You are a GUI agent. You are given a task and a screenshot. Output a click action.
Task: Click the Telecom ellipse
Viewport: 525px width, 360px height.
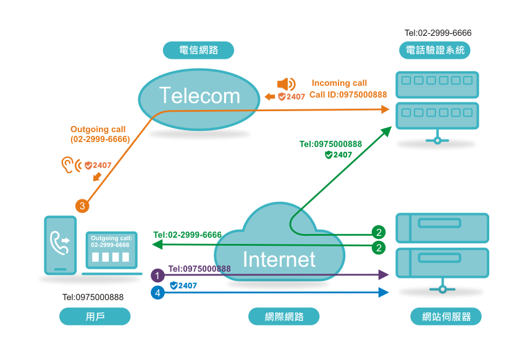point(199,99)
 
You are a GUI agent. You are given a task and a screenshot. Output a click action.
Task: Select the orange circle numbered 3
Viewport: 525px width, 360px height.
point(82,206)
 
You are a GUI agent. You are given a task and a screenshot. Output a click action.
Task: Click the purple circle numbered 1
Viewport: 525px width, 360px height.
point(157,275)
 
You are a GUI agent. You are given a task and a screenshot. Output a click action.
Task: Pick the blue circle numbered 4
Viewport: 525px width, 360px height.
point(157,293)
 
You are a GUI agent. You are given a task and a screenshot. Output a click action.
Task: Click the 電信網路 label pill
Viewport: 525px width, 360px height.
point(198,50)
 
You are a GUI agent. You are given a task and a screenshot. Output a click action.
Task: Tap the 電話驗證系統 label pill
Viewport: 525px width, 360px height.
point(435,50)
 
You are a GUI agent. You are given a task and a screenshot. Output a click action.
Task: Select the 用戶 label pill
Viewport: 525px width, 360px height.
point(94,316)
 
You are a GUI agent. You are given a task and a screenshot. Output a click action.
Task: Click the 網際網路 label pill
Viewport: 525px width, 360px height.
point(283,316)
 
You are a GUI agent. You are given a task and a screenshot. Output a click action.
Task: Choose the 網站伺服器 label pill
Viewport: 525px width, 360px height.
point(446,316)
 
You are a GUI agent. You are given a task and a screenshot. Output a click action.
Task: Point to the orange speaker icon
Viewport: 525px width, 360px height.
point(286,84)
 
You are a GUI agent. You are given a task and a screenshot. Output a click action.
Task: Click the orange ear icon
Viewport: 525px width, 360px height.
point(68,165)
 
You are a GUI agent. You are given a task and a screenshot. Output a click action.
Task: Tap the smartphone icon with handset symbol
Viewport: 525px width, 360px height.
point(61,246)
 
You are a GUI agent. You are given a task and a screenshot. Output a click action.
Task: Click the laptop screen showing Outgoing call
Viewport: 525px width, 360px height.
point(112,250)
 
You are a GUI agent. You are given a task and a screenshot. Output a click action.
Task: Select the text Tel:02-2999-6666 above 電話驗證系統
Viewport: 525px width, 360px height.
point(438,33)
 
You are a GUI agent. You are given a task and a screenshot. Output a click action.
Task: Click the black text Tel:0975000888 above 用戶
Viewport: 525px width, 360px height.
point(93,297)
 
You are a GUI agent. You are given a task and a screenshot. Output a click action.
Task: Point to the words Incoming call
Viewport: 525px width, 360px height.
point(339,83)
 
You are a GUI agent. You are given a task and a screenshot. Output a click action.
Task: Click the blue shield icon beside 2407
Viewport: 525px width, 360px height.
point(174,285)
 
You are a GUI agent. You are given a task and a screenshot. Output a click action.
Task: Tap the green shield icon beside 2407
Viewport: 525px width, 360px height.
point(329,154)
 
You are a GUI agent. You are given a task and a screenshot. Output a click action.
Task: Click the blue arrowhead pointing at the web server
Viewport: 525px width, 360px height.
point(384,292)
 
